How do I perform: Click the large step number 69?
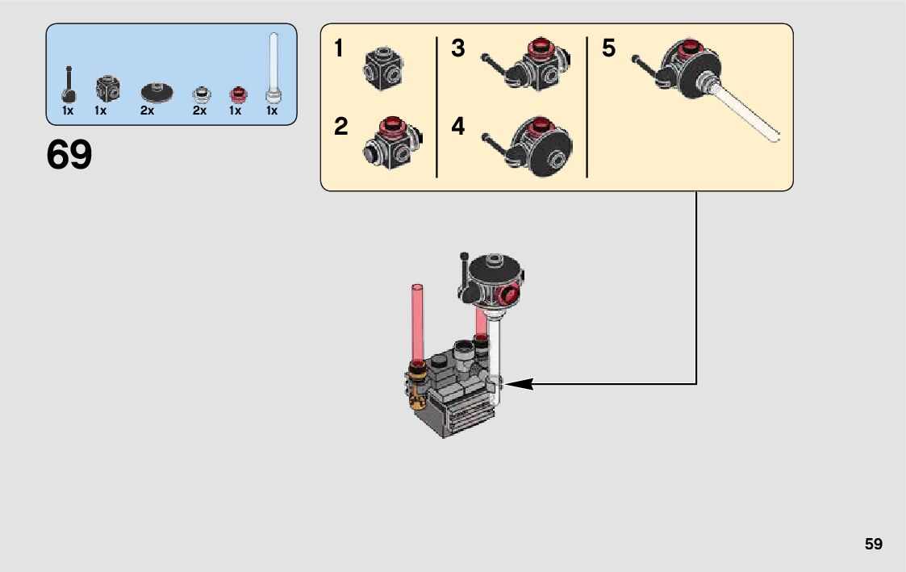[x=69, y=155]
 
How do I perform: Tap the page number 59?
[x=874, y=544]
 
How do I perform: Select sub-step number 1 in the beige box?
[x=339, y=48]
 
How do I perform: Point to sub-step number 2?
[x=341, y=127]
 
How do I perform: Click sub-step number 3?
[x=457, y=48]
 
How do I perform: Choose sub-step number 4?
[x=457, y=127]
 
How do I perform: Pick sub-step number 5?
[x=608, y=48]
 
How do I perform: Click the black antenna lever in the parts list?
[x=69, y=85]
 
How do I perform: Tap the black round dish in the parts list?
[x=157, y=92]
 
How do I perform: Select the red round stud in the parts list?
[x=238, y=94]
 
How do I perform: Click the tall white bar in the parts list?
[x=273, y=69]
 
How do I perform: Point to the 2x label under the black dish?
[x=147, y=111]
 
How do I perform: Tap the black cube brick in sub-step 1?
[x=383, y=69]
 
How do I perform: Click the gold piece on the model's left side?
[x=415, y=390]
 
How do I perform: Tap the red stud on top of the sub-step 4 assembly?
[x=541, y=125]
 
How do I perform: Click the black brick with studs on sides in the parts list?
[x=108, y=89]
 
